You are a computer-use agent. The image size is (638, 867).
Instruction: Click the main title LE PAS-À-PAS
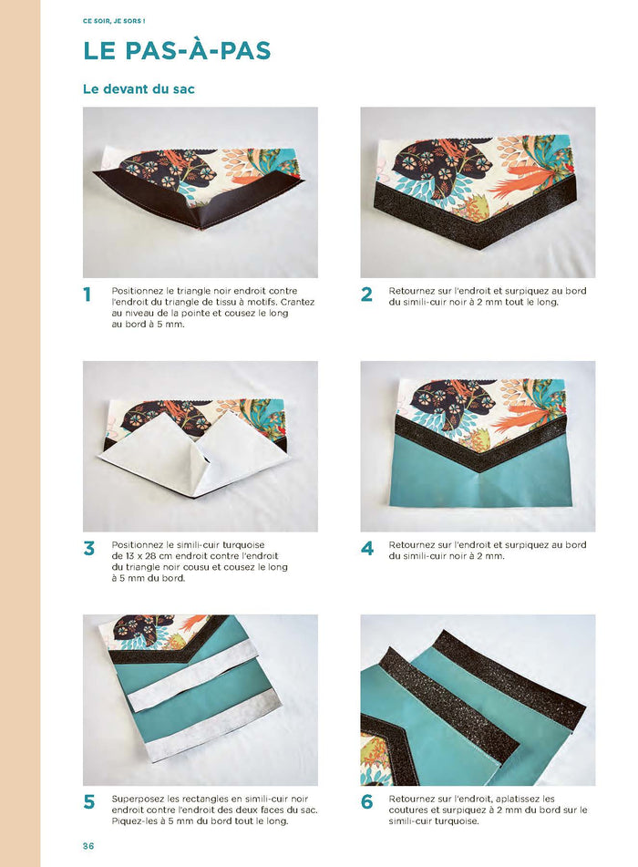177,50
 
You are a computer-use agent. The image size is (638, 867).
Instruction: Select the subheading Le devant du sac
139,89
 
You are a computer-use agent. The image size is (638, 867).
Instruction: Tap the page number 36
88,846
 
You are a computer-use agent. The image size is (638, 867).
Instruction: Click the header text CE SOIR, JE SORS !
114,19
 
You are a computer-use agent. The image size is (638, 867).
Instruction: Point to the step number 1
87,294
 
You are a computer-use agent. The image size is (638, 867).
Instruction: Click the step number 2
366,294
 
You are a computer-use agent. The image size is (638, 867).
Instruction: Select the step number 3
88,549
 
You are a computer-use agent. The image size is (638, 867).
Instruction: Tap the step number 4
366,549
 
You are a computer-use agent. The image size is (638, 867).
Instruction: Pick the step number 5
88,802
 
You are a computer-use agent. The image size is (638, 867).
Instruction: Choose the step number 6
366,802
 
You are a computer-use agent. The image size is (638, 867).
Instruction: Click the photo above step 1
200,192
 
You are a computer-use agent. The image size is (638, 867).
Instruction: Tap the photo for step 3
200,446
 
